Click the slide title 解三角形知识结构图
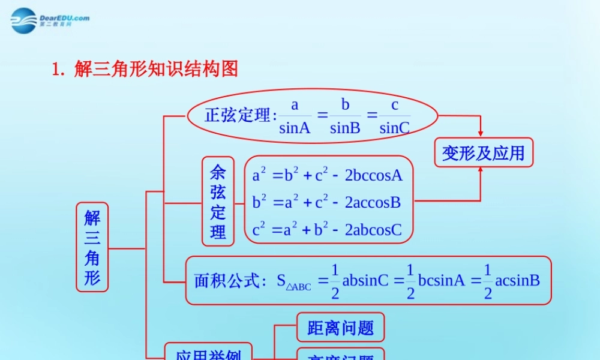(145, 69)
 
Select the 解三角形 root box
(92, 247)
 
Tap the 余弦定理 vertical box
(218, 202)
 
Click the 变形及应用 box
(483, 153)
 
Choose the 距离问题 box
(340, 328)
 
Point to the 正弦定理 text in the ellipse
(239, 115)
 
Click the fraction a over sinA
(295, 116)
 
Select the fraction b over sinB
(345, 116)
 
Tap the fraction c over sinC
(395, 116)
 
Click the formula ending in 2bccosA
(328, 175)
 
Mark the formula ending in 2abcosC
(327, 229)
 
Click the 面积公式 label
(229, 281)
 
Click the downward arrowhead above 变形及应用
(480, 133)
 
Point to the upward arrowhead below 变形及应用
(480, 170)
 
